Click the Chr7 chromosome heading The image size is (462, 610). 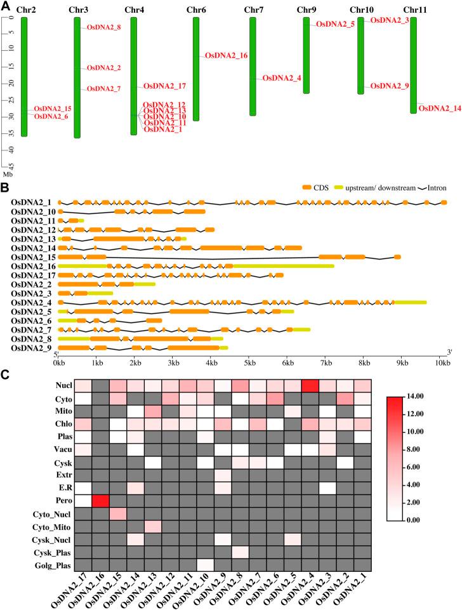tap(254, 10)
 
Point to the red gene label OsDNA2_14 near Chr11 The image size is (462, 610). tap(440, 109)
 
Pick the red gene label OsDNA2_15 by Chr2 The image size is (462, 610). tap(53, 109)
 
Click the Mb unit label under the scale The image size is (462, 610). tap(8, 173)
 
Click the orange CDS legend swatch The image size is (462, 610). tap(307, 189)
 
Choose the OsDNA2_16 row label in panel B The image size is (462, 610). tap(33, 266)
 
